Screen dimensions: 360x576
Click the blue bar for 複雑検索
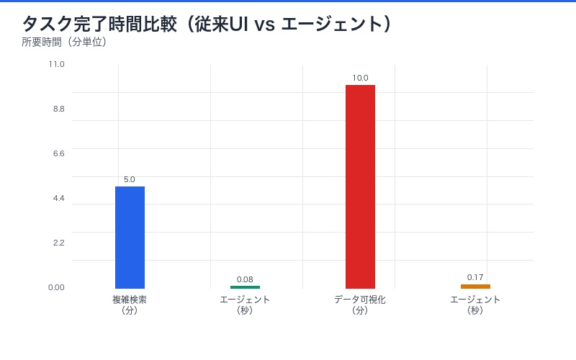[130, 238]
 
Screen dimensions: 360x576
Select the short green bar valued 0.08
[245, 287]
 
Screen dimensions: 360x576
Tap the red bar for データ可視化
[360, 186]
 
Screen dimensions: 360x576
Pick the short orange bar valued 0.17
[475, 287]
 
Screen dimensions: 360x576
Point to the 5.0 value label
[130, 179]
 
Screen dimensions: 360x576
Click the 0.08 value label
[245, 279]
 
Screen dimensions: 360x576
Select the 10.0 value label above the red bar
[360, 78]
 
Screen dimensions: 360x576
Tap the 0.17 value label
[475, 277]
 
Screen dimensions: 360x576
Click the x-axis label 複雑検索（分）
[130, 305]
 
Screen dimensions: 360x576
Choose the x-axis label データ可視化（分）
[360, 305]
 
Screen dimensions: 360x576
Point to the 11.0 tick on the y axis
[57, 64]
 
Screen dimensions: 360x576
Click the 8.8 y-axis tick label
[58, 109]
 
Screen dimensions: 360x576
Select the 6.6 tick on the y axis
[58, 153]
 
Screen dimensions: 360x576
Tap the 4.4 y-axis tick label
[58, 198]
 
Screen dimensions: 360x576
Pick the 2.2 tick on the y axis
[58, 243]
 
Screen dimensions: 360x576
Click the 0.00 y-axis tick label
[57, 287]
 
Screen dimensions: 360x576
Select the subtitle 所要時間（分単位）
[64, 42]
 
